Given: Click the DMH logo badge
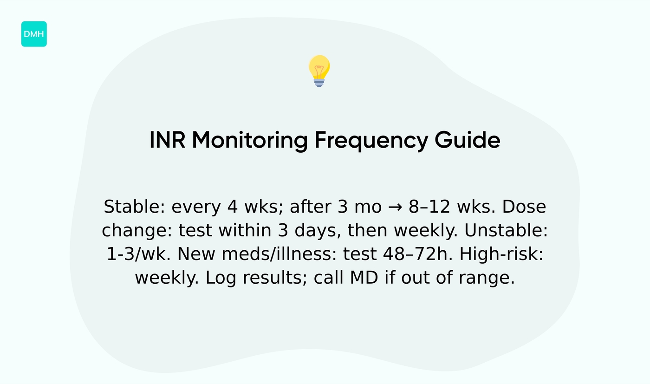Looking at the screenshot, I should point(34,34).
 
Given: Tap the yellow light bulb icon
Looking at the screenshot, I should point(319,71).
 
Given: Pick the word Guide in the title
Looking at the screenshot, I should point(468,140).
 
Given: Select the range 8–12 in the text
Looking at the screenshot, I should point(429,207).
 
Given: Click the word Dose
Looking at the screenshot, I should point(524,207).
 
